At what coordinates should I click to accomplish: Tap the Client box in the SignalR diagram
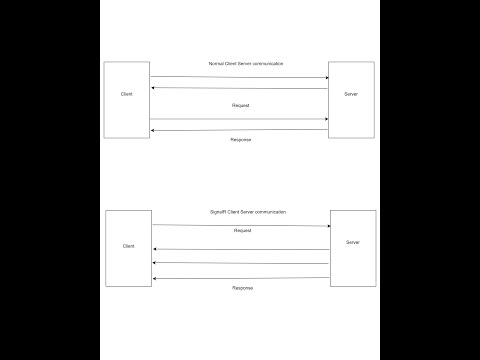(128, 246)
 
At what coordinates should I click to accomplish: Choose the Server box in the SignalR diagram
(353, 244)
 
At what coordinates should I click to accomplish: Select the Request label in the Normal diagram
(239, 105)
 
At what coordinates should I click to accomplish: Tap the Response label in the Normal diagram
(241, 139)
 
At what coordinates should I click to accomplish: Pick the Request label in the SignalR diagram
(242, 231)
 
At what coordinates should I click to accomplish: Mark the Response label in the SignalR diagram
(243, 287)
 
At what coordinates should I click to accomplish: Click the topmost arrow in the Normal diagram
(240, 77)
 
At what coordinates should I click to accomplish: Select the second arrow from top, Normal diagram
(240, 88)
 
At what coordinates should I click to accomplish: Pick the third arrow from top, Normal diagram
(240, 119)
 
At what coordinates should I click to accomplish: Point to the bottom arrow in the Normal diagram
(240, 129)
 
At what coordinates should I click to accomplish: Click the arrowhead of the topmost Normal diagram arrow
(326, 77)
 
